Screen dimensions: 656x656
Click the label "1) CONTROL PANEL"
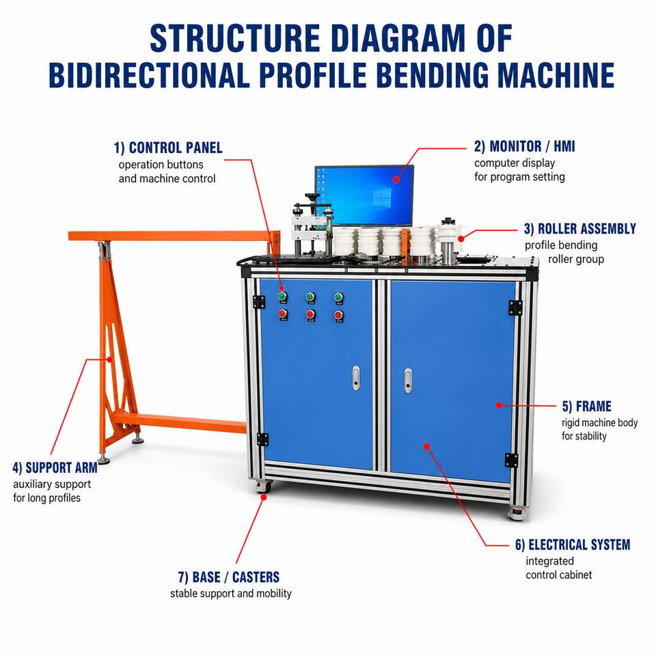168,148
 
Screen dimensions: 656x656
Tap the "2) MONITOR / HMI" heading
525,146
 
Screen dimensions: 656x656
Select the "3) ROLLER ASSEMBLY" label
580,229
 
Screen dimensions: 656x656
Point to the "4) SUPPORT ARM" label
55,467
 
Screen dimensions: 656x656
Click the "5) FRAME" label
586,406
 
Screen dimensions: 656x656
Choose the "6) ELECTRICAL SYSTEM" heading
573,545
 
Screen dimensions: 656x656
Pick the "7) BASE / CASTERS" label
229,577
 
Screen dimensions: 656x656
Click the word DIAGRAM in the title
398,38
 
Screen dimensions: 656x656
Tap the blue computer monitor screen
364,195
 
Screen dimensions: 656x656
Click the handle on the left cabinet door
356,378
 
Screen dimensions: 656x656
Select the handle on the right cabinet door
409,381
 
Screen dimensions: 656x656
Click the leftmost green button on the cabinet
283,297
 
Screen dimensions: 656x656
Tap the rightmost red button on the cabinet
338,315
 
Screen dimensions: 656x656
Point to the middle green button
310,297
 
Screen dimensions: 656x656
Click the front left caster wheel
264,487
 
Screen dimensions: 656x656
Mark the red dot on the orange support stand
109,359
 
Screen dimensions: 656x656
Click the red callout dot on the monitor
396,180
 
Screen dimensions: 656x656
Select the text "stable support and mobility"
231,593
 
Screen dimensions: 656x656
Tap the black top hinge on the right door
515,307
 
